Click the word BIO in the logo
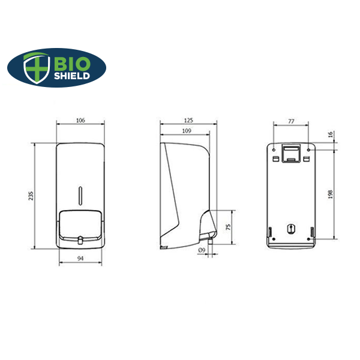click(x=72, y=64)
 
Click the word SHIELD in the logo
click(x=72, y=76)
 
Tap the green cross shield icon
click(x=37, y=68)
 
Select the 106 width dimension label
click(x=80, y=120)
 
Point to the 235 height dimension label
click(x=31, y=196)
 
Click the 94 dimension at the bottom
click(x=80, y=259)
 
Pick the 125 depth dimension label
click(x=188, y=120)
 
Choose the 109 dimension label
click(x=187, y=131)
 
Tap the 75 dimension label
click(x=228, y=227)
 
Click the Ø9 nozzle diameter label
click(x=202, y=250)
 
